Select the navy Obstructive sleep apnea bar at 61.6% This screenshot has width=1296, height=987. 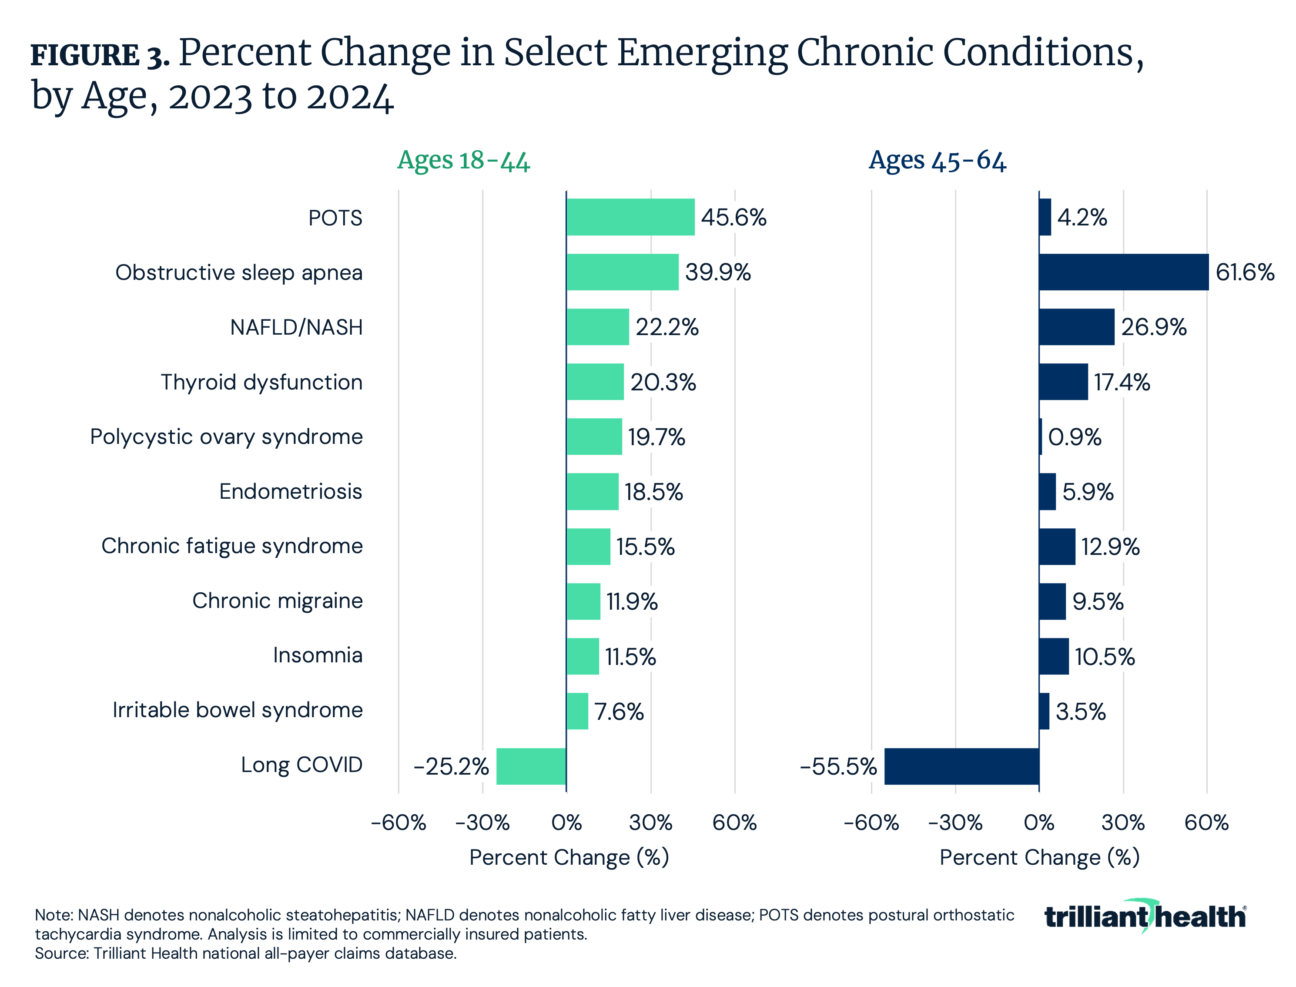tap(1123, 272)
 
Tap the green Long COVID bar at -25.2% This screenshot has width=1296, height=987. tap(531, 766)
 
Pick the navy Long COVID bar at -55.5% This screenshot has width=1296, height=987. tap(961, 766)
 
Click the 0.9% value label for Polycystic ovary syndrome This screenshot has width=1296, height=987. tap(1075, 437)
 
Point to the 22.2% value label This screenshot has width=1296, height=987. tap(666, 327)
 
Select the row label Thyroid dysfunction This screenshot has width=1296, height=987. tap(261, 382)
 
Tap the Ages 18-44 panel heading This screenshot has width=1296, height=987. tap(463, 161)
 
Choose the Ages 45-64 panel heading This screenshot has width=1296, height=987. tap(937, 161)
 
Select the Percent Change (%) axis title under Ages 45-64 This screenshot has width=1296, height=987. tap(1039, 857)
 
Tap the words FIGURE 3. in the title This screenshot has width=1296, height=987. tap(100, 56)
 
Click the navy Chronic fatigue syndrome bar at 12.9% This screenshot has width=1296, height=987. tap(1057, 547)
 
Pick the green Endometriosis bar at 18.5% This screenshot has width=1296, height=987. tap(592, 492)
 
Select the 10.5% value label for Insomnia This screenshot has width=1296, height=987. tap(1105, 656)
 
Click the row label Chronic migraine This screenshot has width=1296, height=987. tap(277, 601)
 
